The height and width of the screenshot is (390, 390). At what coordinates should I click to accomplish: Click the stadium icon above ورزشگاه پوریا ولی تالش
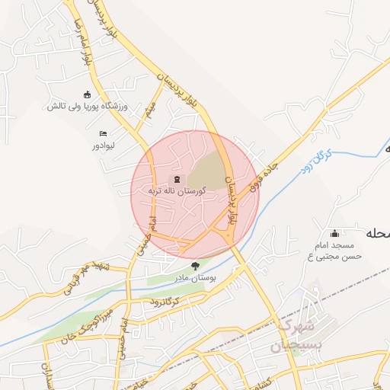[x=87, y=95]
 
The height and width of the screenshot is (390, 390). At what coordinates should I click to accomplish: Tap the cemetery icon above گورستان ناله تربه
[x=168, y=178]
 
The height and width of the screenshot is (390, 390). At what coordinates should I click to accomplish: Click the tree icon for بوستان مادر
[x=196, y=266]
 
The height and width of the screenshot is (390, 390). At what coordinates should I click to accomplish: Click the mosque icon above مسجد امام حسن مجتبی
[x=334, y=233]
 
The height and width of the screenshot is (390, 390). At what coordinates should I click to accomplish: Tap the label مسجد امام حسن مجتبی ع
[x=334, y=252]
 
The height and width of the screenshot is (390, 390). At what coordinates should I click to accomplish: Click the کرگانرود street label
[x=165, y=302]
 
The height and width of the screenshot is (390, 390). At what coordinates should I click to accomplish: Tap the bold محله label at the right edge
[x=379, y=233]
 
